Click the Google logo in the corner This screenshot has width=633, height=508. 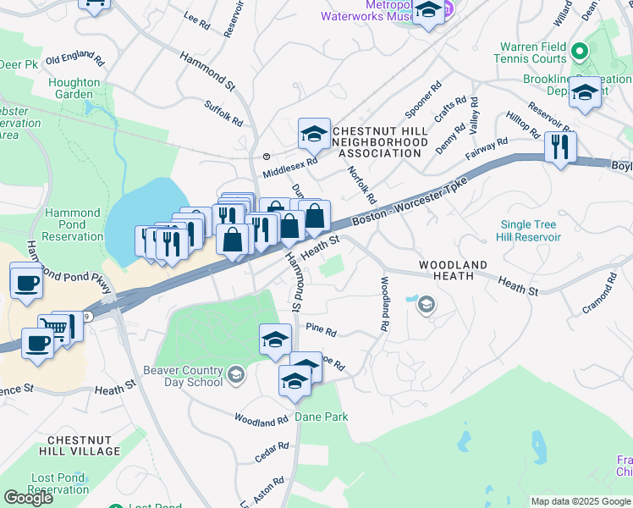(28, 498)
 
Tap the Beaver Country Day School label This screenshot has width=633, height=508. (170, 376)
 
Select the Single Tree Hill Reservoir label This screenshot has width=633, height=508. (531, 231)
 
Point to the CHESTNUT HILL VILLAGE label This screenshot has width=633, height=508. (84, 445)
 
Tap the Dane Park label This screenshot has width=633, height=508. (321, 417)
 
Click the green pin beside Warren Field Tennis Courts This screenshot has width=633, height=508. (579, 51)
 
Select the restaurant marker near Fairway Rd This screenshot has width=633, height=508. (560, 147)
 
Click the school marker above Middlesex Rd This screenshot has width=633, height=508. (313, 134)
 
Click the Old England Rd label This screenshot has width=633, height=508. (74, 61)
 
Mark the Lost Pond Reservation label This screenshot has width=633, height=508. (60, 483)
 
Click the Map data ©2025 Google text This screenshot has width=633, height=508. (581, 501)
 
